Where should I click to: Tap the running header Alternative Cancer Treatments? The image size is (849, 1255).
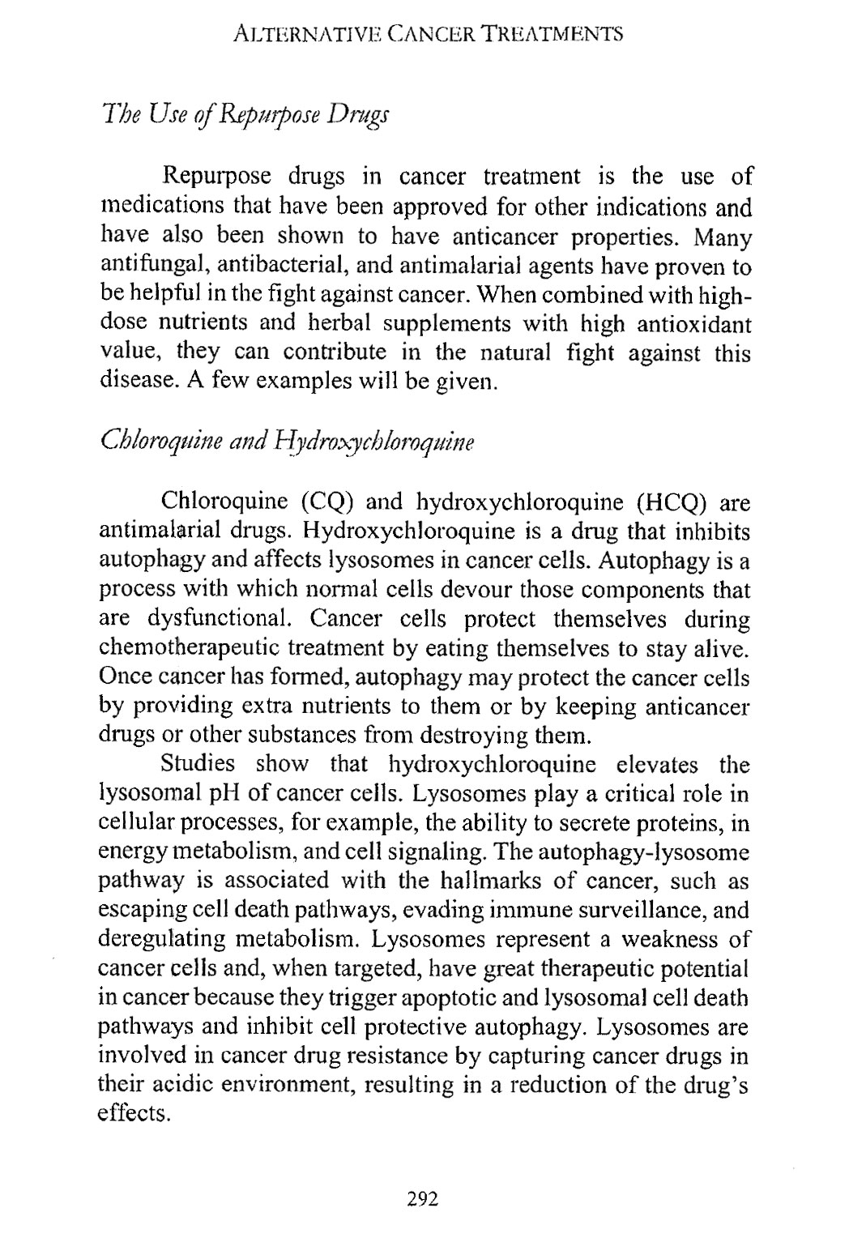pyautogui.click(x=426, y=34)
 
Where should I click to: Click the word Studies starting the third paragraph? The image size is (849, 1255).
pyautogui.click(x=198, y=766)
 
